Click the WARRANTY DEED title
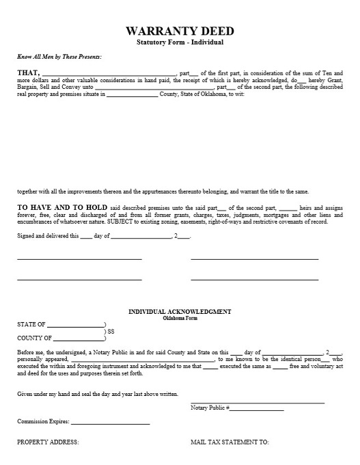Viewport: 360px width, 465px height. (x=180, y=31)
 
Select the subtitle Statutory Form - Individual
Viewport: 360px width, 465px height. (x=180, y=43)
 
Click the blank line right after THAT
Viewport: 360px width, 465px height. (x=109, y=75)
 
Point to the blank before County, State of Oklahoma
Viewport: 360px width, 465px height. (x=132, y=96)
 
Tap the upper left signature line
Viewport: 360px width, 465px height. (x=79, y=259)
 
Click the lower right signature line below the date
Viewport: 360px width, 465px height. (x=254, y=280)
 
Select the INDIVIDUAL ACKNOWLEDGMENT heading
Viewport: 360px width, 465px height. (x=180, y=312)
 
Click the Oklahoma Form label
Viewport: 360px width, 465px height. (x=180, y=319)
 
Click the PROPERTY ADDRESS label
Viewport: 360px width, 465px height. (x=48, y=442)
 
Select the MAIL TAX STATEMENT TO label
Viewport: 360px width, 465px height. (x=230, y=442)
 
